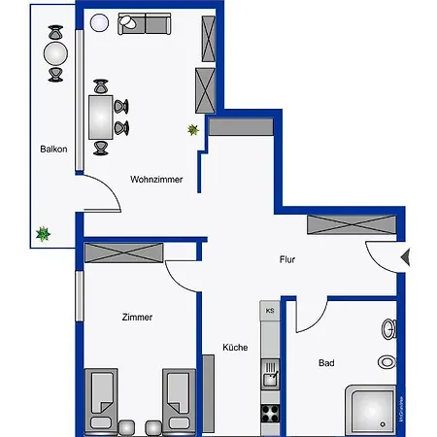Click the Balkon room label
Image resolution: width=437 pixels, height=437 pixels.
pyautogui.click(x=53, y=150)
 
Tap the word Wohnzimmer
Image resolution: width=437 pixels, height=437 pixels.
pyautogui.click(x=156, y=179)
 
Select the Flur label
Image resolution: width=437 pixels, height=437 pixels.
pyautogui.click(x=286, y=259)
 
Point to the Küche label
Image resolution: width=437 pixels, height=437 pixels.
pyautogui.click(x=234, y=347)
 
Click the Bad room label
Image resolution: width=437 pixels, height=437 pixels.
pyautogui.click(x=327, y=363)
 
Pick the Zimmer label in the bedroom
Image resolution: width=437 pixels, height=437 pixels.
pyautogui.click(x=137, y=318)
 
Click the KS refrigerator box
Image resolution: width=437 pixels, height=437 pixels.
pyautogui.click(x=270, y=311)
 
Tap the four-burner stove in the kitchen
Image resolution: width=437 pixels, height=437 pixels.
pyautogui.click(x=270, y=412)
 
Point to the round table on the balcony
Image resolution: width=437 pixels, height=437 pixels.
pyautogui.click(x=55, y=51)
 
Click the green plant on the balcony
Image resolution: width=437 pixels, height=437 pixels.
pyautogui.click(x=42, y=233)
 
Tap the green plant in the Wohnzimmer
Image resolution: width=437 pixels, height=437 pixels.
pyautogui.click(x=194, y=129)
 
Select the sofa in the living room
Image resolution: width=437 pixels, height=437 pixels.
pyautogui.click(x=146, y=23)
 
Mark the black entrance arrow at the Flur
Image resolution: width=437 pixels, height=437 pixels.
pyautogui.click(x=407, y=257)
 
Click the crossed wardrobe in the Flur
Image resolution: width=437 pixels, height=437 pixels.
pyautogui.click(x=351, y=225)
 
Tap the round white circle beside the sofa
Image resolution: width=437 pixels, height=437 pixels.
pyautogui.click(x=98, y=23)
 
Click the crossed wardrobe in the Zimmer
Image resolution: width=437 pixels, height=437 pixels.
pyautogui.click(x=122, y=253)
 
